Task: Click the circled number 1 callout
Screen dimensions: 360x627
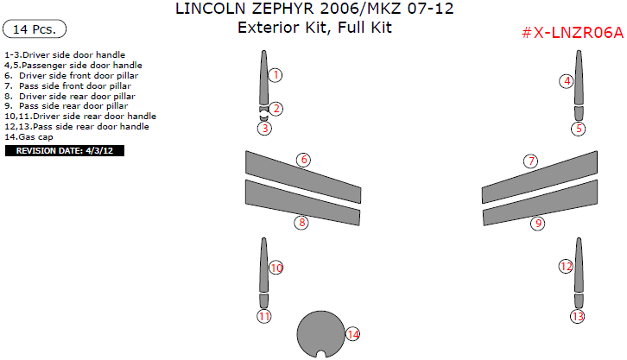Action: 275,75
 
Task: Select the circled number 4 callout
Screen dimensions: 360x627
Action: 567,81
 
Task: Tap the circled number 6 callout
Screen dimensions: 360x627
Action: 303,160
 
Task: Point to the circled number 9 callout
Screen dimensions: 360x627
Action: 537,223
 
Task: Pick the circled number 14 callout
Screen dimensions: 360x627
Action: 351,333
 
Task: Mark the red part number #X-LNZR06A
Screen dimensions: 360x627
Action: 573,33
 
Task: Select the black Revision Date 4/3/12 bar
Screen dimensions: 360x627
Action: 66,150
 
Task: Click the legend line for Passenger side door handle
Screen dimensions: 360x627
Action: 73,65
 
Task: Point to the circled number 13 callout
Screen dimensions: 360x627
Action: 577,317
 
